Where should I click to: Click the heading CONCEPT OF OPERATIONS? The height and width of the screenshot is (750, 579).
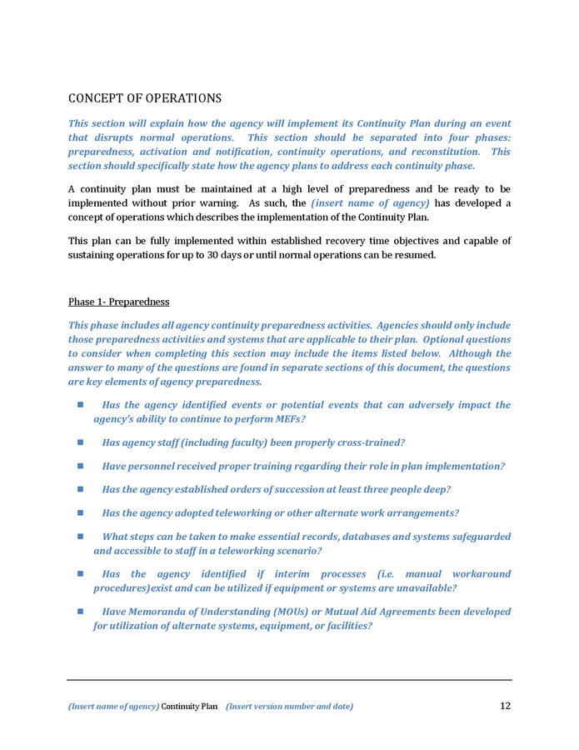click(144, 98)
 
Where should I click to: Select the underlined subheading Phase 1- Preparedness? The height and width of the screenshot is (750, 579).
click(118, 301)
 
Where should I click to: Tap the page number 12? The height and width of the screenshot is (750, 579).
click(505, 706)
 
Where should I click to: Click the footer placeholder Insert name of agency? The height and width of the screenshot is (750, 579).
click(113, 707)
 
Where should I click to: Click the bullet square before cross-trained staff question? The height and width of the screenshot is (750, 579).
click(81, 442)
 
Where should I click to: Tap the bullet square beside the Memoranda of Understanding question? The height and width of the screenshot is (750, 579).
click(81, 611)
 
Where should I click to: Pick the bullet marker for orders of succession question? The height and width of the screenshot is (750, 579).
click(81, 489)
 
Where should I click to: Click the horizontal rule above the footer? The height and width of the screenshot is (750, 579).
click(289, 680)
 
